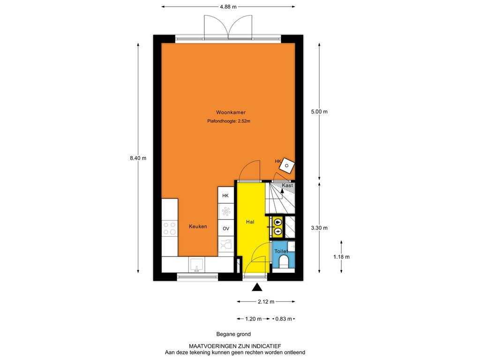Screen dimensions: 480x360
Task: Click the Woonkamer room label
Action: tap(231, 112)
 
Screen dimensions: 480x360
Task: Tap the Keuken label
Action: tap(198, 226)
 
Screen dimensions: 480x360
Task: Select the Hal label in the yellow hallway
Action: tap(250, 222)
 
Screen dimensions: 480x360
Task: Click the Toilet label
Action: tap(281, 251)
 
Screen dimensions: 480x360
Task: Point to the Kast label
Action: tap(287, 185)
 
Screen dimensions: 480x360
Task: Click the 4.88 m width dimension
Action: tap(228, 7)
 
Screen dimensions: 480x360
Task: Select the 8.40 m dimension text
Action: tap(138, 158)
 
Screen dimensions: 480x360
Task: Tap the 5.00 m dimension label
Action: tap(319, 112)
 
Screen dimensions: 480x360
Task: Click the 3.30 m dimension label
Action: tap(319, 228)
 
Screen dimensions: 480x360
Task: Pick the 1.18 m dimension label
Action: tap(341, 257)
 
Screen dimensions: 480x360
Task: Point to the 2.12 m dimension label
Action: tap(266, 301)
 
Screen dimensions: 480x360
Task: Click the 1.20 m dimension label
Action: tap(254, 319)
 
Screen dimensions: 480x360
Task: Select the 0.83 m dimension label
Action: tap(284, 319)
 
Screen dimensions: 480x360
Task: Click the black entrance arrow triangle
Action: tap(257, 287)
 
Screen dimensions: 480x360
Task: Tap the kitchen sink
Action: tap(196, 265)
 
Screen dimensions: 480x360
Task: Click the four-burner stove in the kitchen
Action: tap(170, 228)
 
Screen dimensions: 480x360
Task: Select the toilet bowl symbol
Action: tap(284, 262)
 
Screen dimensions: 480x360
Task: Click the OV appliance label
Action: tap(226, 228)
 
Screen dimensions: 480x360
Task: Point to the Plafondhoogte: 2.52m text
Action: tap(229, 121)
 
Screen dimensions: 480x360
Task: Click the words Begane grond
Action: tap(233, 334)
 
